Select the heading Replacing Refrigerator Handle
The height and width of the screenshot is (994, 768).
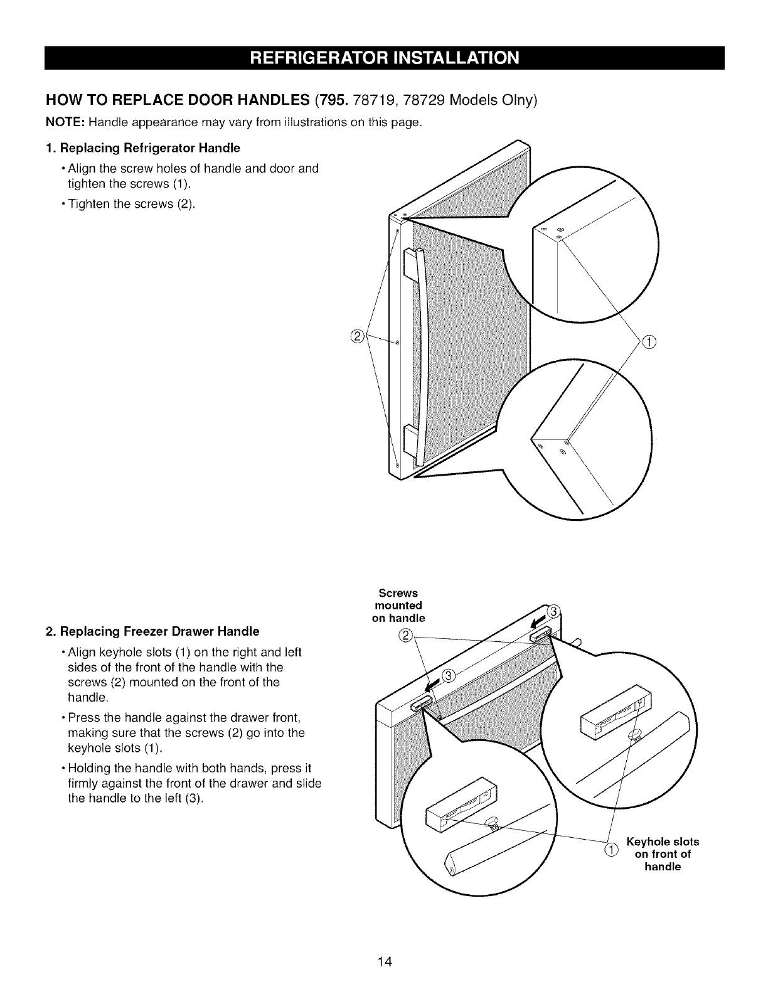pyautogui.click(x=148, y=148)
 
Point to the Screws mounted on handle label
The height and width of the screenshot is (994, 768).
pyautogui.click(x=398, y=606)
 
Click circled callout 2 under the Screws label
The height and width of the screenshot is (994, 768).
pyautogui.click(x=405, y=634)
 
